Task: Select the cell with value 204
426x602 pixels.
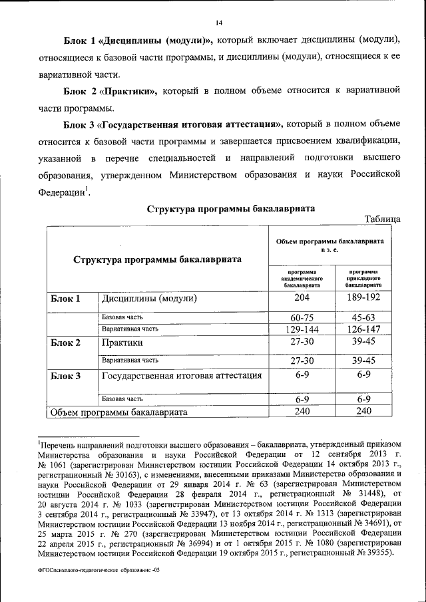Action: click(x=302, y=299)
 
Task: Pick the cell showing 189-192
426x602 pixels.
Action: click(x=363, y=299)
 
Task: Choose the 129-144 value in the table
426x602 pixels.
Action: click(x=302, y=329)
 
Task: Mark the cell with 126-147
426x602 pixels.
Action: click(x=363, y=329)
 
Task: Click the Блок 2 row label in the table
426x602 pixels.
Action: click(x=65, y=343)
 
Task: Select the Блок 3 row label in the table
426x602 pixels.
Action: click(x=65, y=376)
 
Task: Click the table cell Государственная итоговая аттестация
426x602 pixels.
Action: click(x=180, y=376)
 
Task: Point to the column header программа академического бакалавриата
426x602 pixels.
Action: click(x=302, y=278)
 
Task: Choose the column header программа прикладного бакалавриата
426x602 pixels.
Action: click(x=363, y=278)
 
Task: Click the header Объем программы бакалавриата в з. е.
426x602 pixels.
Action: click(x=333, y=243)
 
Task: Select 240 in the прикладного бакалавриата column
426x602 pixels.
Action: click(x=363, y=412)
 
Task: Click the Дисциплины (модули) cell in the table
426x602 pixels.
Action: click(x=149, y=299)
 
